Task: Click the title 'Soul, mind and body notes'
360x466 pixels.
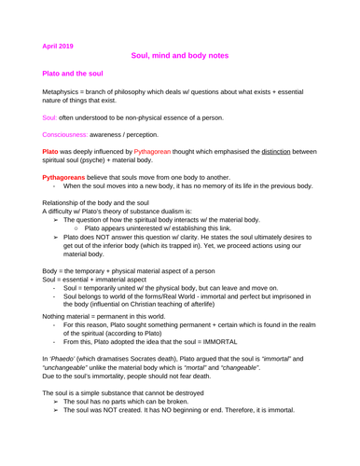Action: pyautogui.click(x=180, y=57)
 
